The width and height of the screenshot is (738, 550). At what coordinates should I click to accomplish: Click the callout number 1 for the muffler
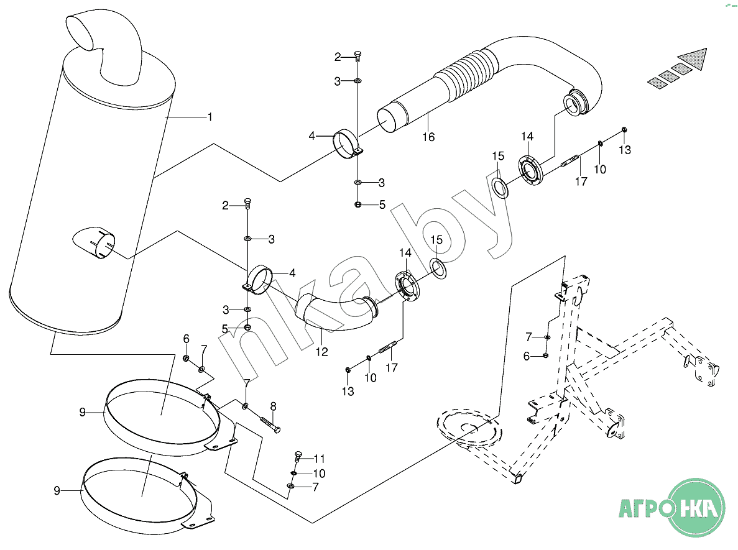tap(210, 117)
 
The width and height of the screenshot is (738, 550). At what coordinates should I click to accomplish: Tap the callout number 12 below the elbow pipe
tap(321, 352)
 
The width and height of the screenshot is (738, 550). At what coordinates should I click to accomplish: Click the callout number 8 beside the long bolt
tap(272, 406)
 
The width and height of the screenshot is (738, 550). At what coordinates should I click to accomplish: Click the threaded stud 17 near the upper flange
tap(571, 163)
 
